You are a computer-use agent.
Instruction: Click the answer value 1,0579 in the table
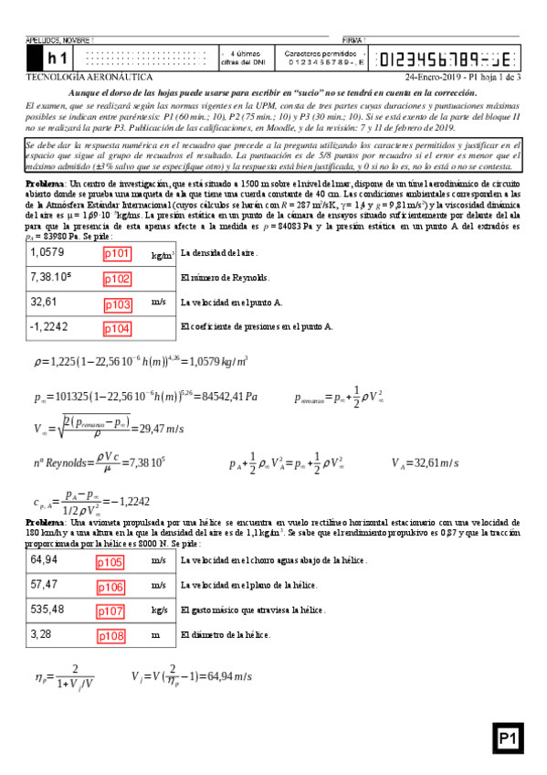pos(47,252)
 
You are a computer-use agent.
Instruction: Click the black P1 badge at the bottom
pos(509,738)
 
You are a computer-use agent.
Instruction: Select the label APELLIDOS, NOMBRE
pos(59,40)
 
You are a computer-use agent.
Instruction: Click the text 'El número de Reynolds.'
pos(224,277)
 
